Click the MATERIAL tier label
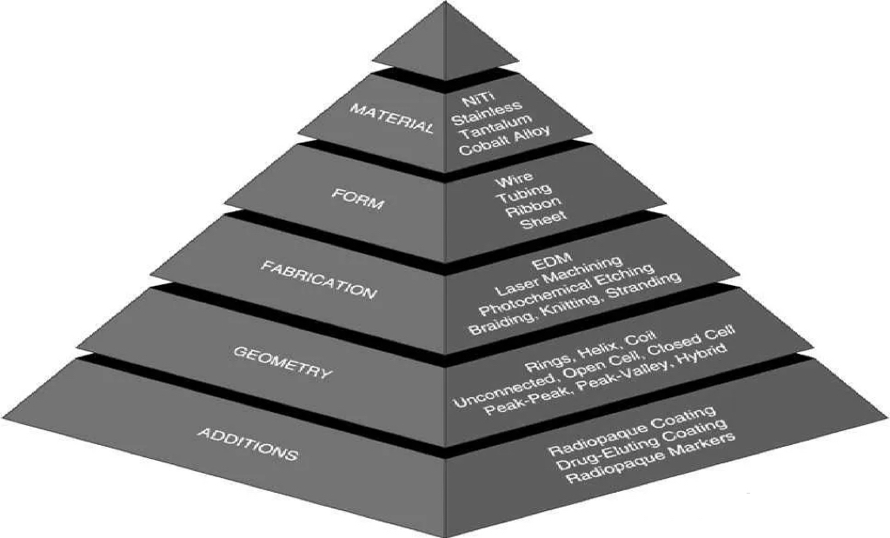click(x=390, y=119)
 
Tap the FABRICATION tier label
click(x=319, y=280)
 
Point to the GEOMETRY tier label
click(x=283, y=362)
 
